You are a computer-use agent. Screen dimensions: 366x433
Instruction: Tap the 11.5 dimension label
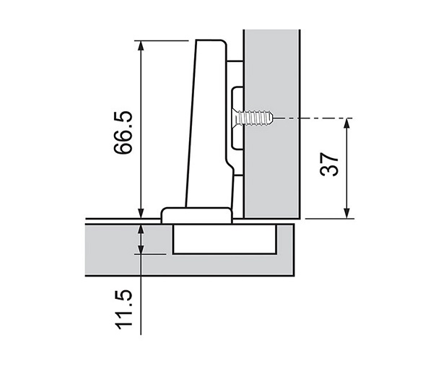click(x=123, y=308)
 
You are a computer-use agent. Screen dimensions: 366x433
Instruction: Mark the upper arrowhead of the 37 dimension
click(x=348, y=123)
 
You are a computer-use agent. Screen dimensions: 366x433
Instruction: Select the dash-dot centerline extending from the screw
click(x=310, y=117)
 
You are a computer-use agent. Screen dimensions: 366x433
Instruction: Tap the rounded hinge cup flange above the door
click(x=195, y=214)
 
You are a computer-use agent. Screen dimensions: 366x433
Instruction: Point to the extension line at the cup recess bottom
click(x=155, y=253)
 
